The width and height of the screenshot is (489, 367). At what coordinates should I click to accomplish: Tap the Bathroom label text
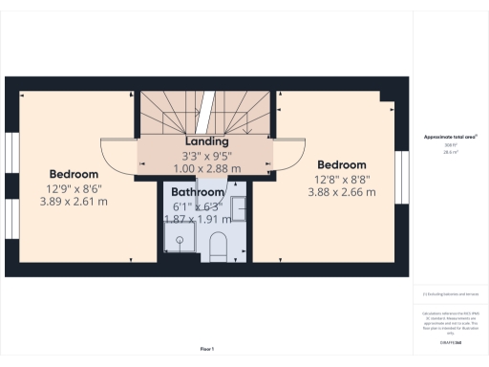(x=198, y=192)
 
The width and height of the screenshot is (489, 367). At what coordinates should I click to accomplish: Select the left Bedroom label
(x=74, y=175)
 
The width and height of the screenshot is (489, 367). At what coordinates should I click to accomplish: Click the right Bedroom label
(x=341, y=165)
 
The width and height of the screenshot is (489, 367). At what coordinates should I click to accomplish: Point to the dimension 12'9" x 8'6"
(x=74, y=188)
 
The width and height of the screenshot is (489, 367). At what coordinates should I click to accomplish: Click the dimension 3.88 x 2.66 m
(x=341, y=192)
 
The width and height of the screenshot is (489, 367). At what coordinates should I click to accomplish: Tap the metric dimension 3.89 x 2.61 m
(x=74, y=202)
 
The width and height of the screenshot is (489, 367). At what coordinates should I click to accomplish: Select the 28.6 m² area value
(x=449, y=151)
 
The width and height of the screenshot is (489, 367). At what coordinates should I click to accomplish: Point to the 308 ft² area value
(x=449, y=145)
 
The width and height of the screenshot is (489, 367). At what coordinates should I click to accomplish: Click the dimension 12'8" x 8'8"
(x=341, y=179)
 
